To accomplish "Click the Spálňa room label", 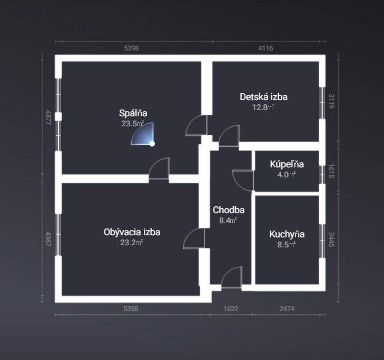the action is (133, 113).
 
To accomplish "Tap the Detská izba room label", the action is (263, 97).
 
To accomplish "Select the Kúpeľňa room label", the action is (287, 164).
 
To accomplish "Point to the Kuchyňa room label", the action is (287, 234).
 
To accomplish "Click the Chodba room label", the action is (229, 210).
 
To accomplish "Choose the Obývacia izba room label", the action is (132, 232).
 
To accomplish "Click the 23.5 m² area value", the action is (133, 124).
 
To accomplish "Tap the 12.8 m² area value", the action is (263, 107).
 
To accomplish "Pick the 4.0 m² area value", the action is (286, 175).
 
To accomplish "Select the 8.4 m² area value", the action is (228, 221).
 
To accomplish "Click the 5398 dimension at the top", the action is (131, 48).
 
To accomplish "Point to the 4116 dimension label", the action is (265, 48).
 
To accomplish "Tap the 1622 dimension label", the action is (231, 308).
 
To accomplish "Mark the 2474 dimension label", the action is (287, 308).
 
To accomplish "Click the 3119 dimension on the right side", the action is (331, 101).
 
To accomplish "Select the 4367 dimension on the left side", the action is (48, 239).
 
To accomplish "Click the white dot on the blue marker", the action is (152, 144).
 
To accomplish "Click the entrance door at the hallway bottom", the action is (232, 277).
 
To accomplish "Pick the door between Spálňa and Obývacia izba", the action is (159, 168).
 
